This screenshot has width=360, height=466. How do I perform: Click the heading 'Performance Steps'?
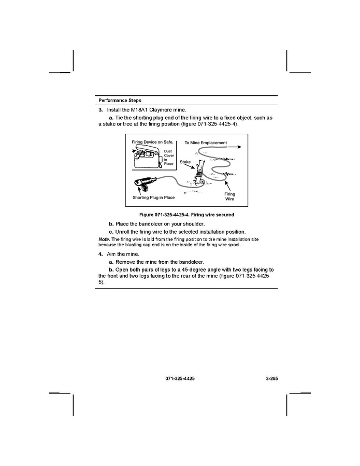120,100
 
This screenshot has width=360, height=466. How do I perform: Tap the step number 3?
100,110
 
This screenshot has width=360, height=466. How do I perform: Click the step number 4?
100,255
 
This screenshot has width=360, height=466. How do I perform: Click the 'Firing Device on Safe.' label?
152,142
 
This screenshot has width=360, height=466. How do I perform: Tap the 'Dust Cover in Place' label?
168,158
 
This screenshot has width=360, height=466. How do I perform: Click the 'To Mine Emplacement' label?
206,142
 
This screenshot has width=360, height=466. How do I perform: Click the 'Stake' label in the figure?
185,162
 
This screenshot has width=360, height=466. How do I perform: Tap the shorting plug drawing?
146,183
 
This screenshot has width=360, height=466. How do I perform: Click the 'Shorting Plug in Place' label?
154,197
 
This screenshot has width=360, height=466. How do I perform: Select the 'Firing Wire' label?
229,196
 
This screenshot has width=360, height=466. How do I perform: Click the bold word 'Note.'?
104,239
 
